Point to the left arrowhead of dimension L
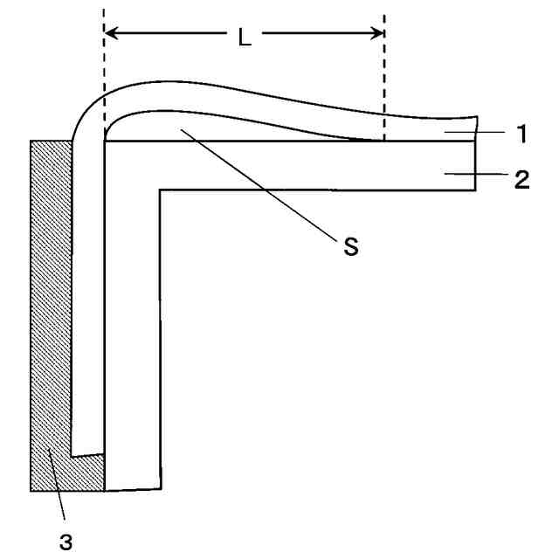coord(111,35)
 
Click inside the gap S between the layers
coord(192,127)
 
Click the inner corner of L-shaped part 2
coord(161,190)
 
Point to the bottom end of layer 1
coord(88,454)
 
